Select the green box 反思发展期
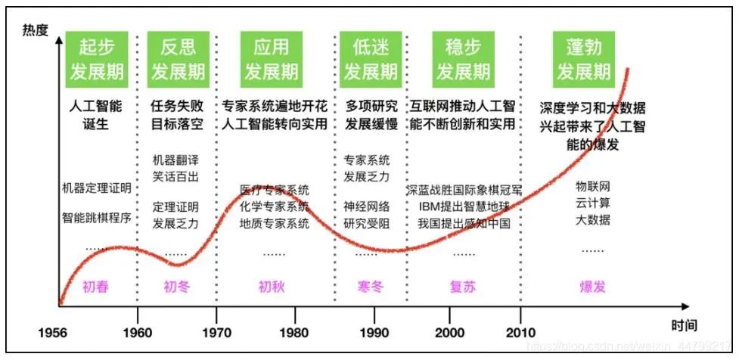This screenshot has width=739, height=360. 179,58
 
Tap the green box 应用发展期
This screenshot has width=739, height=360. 271,58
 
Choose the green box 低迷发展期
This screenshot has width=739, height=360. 371,58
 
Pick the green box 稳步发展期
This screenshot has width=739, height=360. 463,58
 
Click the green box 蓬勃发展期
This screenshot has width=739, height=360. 584,58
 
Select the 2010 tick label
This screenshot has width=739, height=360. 520,333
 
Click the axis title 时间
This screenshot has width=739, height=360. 682,324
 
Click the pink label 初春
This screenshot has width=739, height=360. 96,287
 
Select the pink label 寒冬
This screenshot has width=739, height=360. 371,287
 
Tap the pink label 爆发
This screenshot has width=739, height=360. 593,287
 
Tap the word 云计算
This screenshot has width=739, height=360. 593,203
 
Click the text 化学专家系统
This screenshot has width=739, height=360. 274,206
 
